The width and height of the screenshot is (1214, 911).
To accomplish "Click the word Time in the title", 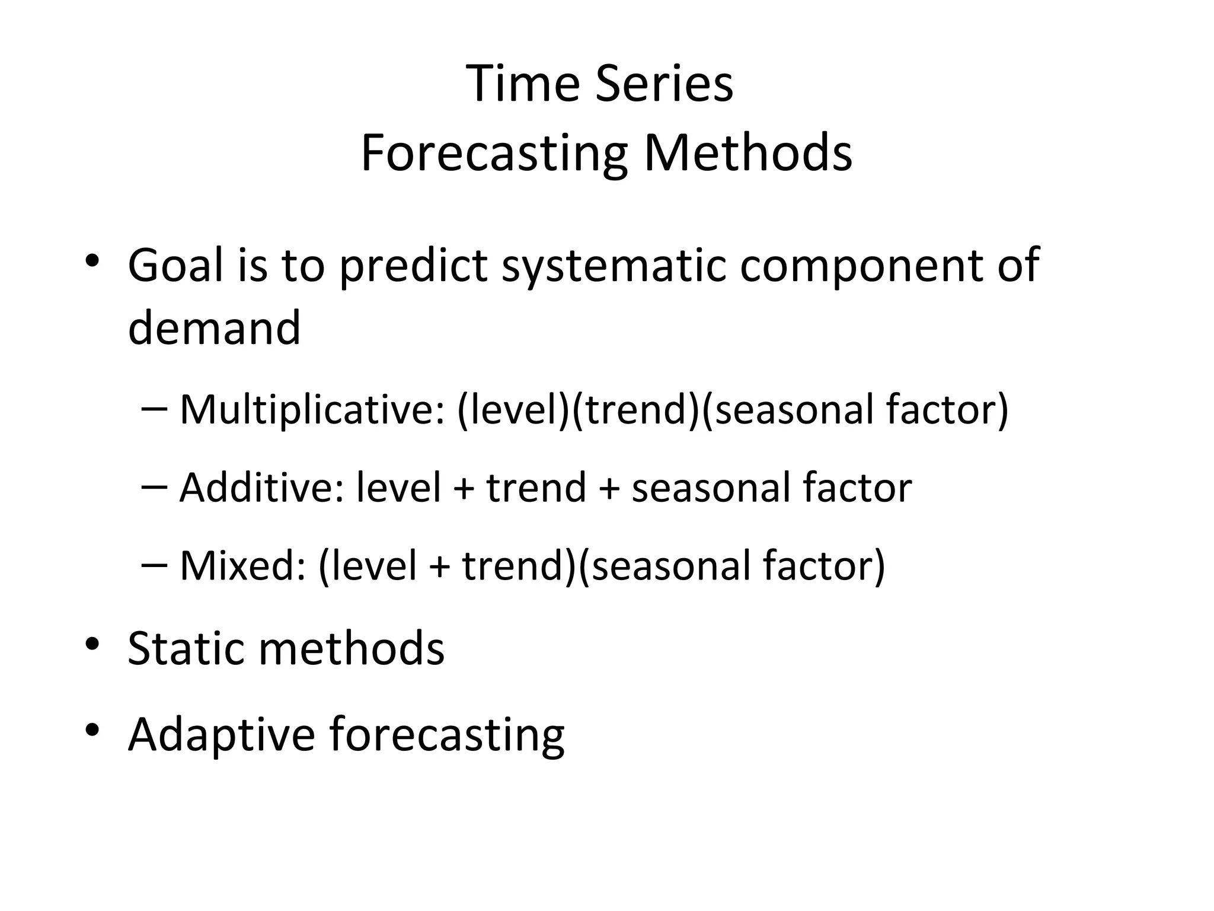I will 522,84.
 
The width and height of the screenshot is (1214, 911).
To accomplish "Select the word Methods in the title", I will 748,154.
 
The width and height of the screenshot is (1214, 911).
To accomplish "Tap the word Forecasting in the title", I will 494,154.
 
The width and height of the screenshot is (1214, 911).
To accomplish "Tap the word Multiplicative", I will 312,410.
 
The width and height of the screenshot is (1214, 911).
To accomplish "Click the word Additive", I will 261,488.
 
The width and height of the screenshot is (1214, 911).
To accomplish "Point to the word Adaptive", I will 221,735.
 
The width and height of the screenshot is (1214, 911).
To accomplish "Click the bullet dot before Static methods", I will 92,644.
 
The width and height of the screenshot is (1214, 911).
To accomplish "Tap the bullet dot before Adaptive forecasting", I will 92,731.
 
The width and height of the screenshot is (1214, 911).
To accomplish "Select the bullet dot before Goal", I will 92,261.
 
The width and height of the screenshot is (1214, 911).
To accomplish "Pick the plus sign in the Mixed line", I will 439,566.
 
